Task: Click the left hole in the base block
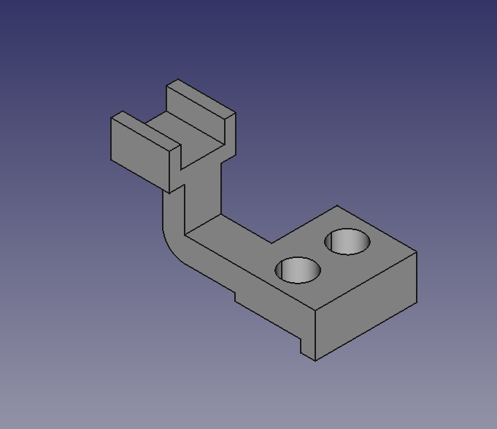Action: click(x=298, y=270)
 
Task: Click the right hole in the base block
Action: click(x=347, y=242)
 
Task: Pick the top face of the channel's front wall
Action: click(x=145, y=129)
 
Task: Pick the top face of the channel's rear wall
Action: click(x=201, y=97)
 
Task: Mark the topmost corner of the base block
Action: click(x=337, y=206)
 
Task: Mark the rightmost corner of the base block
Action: click(x=417, y=253)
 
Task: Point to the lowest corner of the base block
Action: click(x=315, y=360)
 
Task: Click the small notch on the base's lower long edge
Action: click(x=235, y=296)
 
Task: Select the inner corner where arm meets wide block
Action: click(x=271, y=243)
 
